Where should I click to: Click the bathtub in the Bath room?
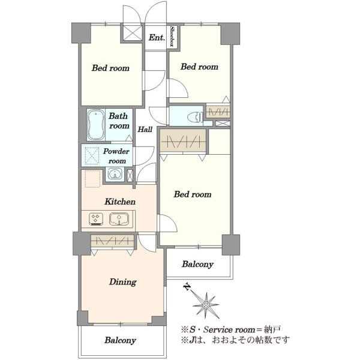point(96,125)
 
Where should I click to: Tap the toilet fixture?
point(195,117)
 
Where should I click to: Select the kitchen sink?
point(119,219)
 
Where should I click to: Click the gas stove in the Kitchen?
point(96,219)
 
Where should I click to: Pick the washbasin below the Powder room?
point(115,174)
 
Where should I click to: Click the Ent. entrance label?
point(157,37)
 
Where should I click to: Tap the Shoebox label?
point(172,36)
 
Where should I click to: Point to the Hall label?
point(145,130)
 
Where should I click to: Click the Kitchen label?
point(120,202)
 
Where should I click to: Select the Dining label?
point(122,282)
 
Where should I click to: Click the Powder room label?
point(116,156)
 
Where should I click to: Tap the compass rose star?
point(206,305)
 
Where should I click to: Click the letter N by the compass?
point(187,287)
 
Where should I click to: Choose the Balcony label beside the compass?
point(197,264)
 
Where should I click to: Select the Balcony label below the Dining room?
point(120,340)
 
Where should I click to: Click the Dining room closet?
point(112,241)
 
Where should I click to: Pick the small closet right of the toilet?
point(218,112)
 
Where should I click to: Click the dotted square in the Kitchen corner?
point(92,179)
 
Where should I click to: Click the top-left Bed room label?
point(110,68)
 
